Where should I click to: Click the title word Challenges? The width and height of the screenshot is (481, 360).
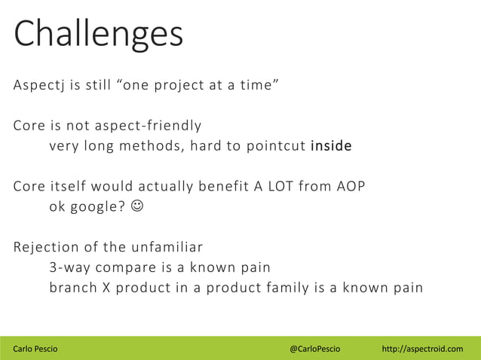(x=99, y=34)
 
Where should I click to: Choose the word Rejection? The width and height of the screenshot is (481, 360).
(x=44, y=246)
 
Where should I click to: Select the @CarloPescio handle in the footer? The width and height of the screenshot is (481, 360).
(x=314, y=349)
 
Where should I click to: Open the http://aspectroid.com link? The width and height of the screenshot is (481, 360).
(x=422, y=349)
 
